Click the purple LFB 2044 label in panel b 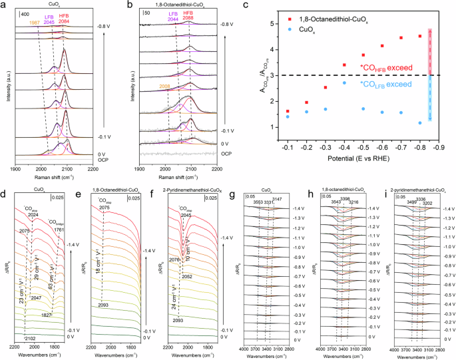point(172,20)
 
